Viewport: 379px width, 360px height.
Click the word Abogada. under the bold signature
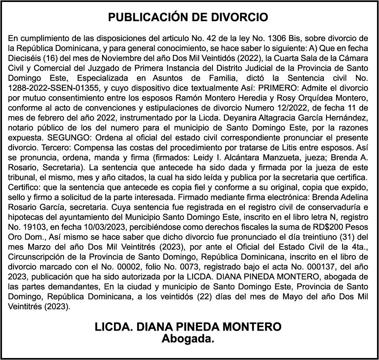click(x=188, y=339)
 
